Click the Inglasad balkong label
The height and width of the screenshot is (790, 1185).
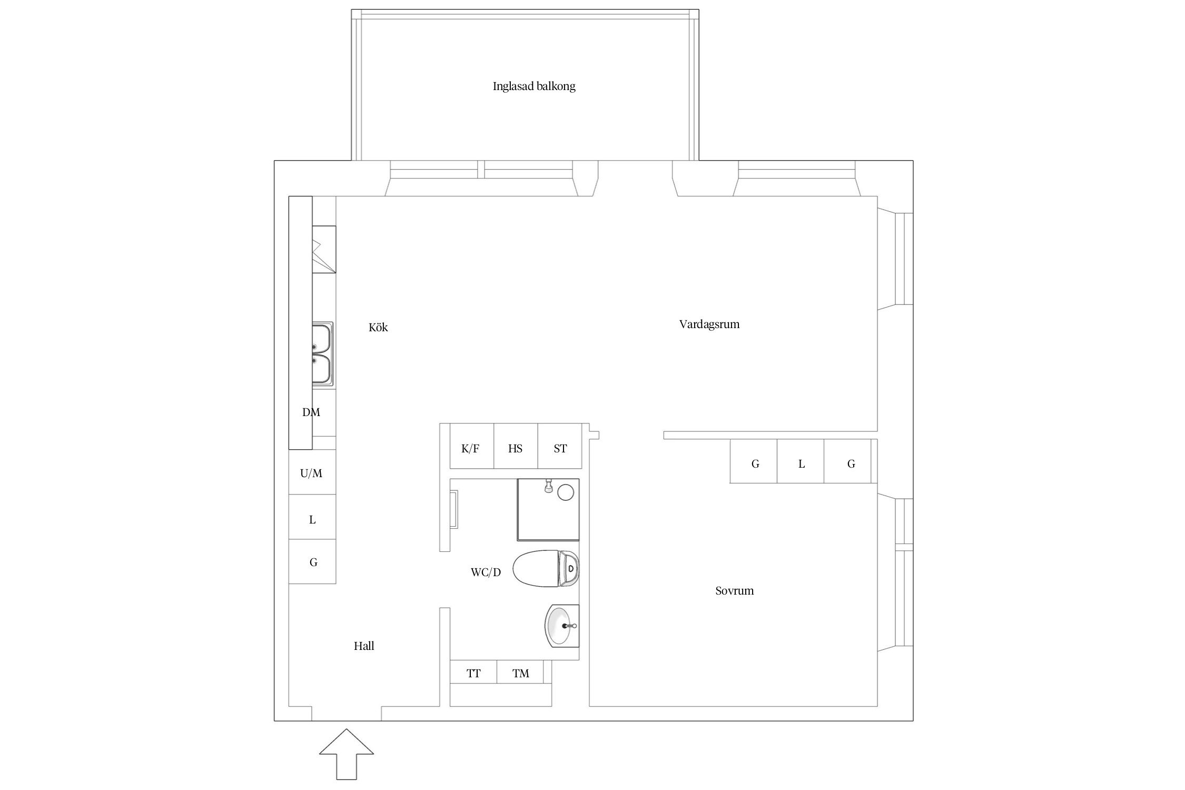tap(534, 86)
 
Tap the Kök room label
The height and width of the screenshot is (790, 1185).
tap(378, 327)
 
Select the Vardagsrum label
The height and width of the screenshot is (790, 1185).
tap(709, 324)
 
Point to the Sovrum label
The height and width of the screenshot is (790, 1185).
tap(734, 590)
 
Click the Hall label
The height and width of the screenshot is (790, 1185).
tap(363, 646)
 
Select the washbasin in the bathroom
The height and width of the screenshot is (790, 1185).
tap(561, 625)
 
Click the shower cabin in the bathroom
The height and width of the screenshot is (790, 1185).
tap(548, 509)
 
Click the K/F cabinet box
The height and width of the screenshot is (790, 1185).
tap(471, 448)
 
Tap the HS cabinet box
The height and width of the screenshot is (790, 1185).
tap(515, 448)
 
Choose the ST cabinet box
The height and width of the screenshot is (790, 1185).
tap(560, 448)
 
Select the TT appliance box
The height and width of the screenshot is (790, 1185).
tap(473, 673)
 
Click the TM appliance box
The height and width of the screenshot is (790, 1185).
tap(520, 673)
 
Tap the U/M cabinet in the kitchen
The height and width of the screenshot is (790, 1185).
tap(311, 472)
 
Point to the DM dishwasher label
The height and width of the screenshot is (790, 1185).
tap(311, 412)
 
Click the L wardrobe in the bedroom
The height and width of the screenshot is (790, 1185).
tap(801, 463)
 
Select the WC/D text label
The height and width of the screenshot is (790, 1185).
tap(486, 572)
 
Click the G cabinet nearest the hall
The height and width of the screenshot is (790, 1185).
tap(312, 562)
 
